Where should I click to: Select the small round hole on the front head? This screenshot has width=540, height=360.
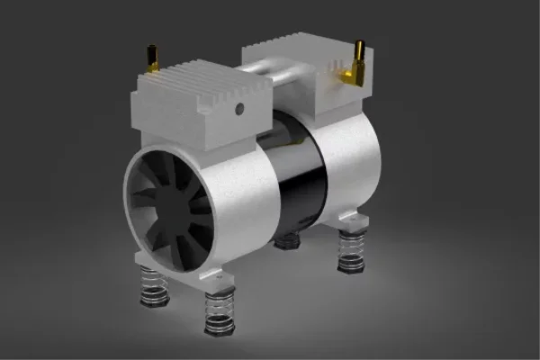coord(239,109)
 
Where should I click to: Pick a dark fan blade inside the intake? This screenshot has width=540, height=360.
coord(153,193)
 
